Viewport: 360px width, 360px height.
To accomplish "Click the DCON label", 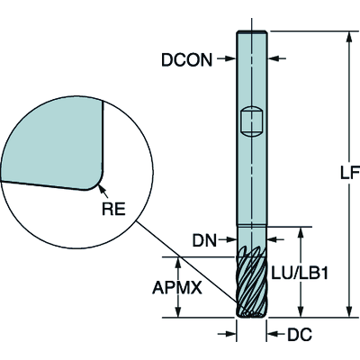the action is point(186,59).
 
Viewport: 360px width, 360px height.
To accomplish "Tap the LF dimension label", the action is point(350,173).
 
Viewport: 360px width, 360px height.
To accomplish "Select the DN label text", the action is point(204,240).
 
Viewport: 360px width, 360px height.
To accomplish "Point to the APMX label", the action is point(177,288).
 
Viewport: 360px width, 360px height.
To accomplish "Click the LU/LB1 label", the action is point(299,274).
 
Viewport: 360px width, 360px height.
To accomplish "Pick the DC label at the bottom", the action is point(300,335).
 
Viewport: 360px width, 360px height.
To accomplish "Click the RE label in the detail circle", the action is point(113,209).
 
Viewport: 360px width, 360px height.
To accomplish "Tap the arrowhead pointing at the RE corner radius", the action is point(102,189).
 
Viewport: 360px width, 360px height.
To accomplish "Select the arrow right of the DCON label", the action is point(226,58).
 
